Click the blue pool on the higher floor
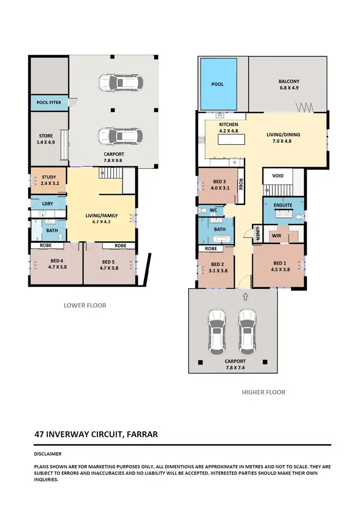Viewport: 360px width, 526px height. tap(218, 84)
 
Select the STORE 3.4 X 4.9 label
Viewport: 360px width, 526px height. tap(46, 139)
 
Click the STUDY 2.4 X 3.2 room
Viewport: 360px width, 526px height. tap(49, 180)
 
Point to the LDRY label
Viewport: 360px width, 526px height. tap(48, 204)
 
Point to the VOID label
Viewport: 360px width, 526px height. tap(278, 176)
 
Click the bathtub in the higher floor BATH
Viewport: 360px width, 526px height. tap(219, 238)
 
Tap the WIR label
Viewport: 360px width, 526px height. tap(276, 236)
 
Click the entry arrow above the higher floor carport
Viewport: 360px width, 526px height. tap(245, 295)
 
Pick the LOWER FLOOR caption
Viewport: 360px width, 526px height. tap(85, 305)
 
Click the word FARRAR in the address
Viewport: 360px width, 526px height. tap(142, 434)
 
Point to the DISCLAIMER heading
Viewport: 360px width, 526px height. tap(48, 453)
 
